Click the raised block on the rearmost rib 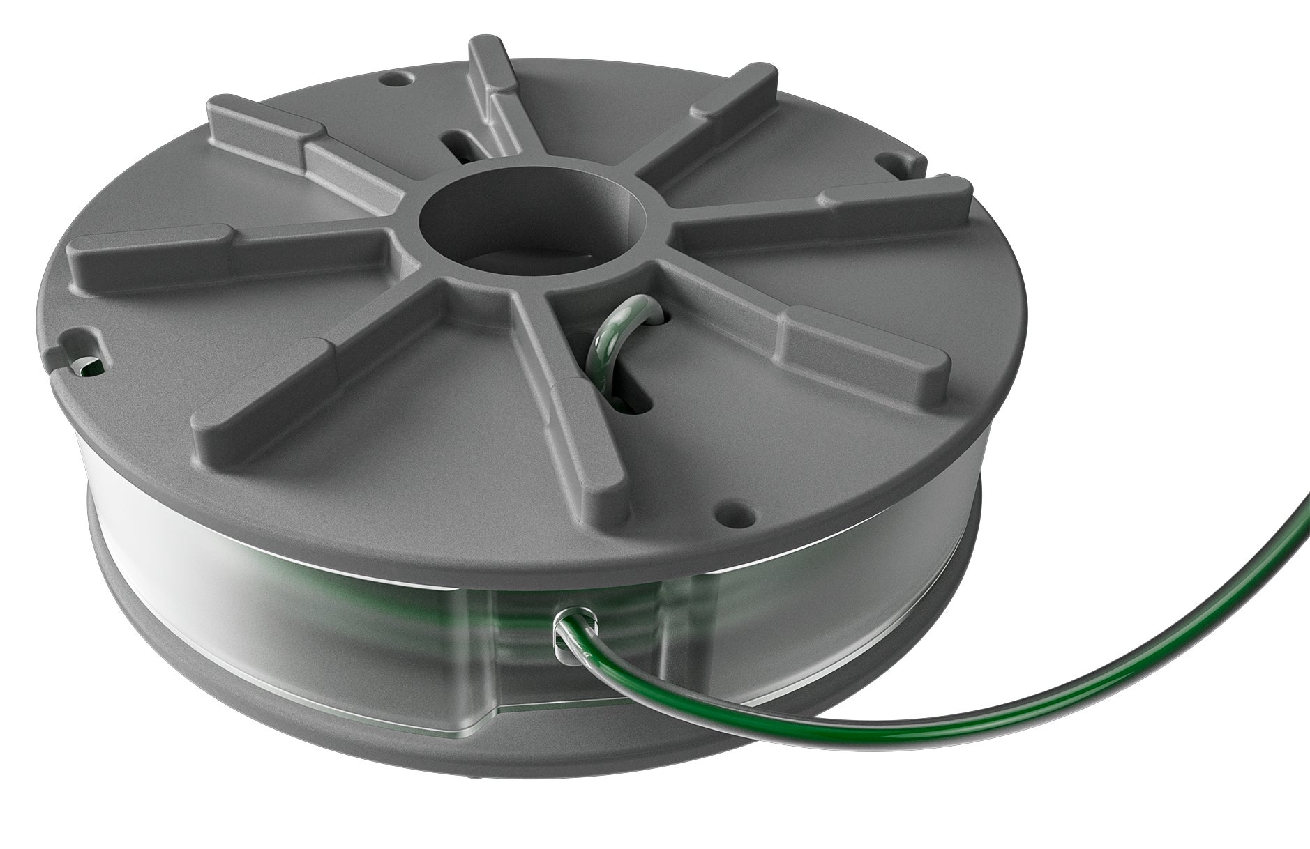pos(488,77)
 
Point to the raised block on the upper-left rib pos(258,125)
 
